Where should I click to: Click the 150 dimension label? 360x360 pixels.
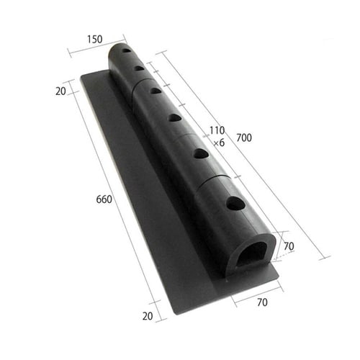94,40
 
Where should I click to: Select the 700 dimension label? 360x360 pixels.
244,138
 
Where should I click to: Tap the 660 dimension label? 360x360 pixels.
104,199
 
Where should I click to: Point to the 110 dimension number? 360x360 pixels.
217,130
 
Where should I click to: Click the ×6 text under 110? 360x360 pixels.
219,143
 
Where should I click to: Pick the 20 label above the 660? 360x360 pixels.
60,91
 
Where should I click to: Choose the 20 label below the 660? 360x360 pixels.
148,316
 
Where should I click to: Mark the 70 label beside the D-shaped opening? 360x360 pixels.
289,246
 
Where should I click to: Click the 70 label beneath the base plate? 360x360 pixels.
262,302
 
